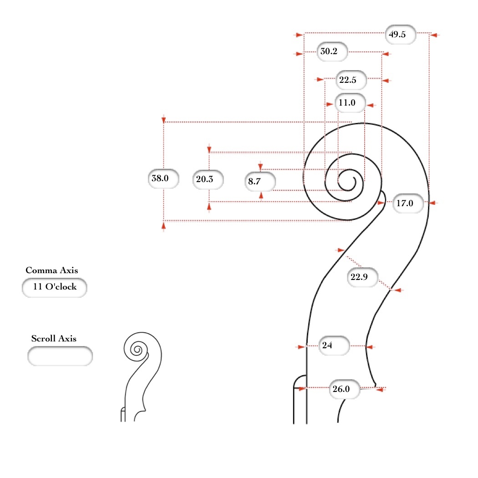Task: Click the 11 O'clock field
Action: [x=55, y=287]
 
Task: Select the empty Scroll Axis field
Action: [x=60, y=356]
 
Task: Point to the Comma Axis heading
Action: [x=52, y=270]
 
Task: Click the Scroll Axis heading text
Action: [x=54, y=339]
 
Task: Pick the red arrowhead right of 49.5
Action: [x=434, y=35]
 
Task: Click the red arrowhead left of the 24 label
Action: [x=300, y=347]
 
